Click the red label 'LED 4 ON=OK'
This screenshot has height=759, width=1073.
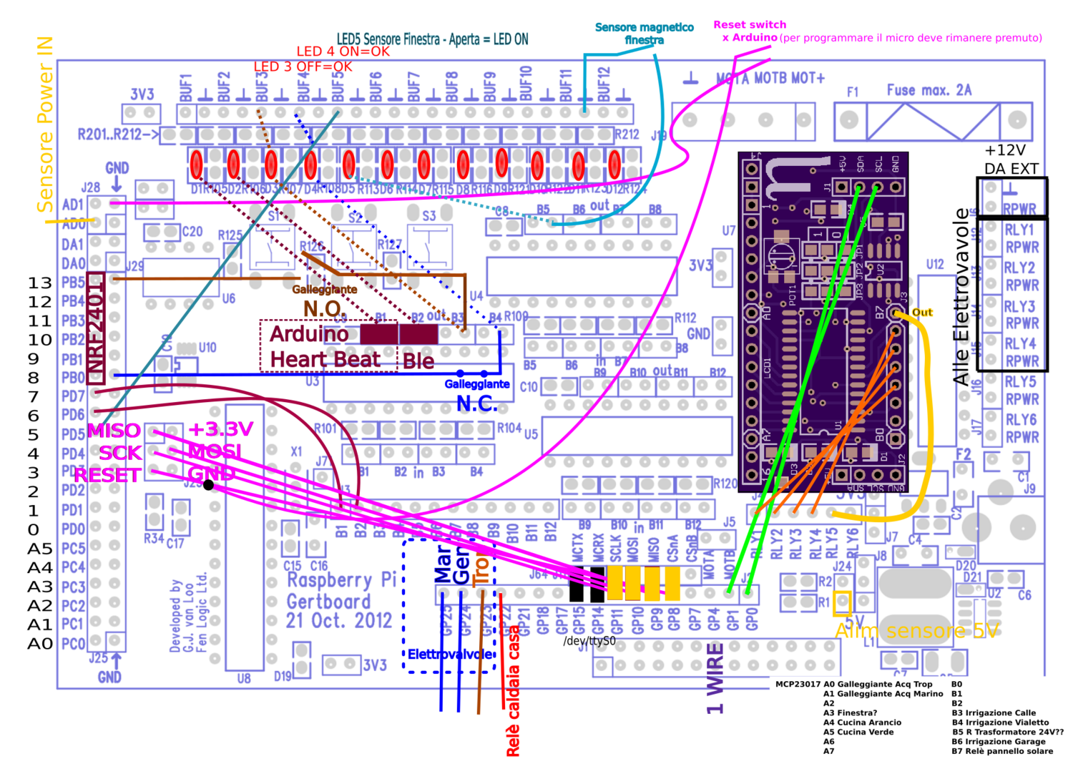click(x=343, y=51)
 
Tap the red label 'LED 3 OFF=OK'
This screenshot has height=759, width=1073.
click(x=303, y=67)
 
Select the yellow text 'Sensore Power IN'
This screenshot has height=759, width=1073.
click(x=44, y=125)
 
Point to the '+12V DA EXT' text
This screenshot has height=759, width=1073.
click(x=1010, y=160)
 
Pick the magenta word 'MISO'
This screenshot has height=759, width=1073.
click(x=114, y=431)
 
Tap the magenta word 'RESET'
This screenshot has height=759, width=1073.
click(x=107, y=475)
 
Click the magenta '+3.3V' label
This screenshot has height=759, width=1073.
click(x=220, y=429)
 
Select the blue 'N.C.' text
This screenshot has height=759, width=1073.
click(x=476, y=403)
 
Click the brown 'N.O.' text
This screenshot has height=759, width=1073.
click(x=325, y=308)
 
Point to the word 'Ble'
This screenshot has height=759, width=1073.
click(x=418, y=361)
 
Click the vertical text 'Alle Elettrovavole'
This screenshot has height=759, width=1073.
click(x=961, y=297)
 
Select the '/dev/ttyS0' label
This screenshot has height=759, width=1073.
click(x=589, y=641)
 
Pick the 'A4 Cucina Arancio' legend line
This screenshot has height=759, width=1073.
click(x=862, y=723)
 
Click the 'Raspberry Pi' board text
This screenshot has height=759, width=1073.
click(x=341, y=580)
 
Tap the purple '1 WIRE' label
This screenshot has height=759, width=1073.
click(x=715, y=678)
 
